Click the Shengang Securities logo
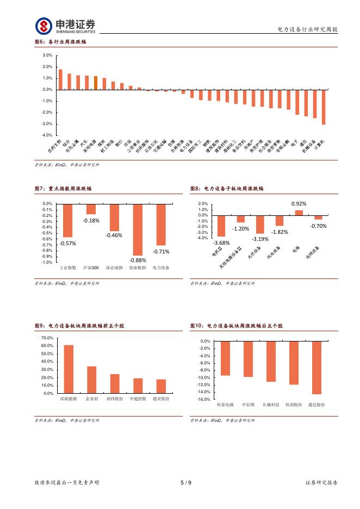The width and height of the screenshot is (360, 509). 65,26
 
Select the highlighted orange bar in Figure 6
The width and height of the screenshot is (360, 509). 96,83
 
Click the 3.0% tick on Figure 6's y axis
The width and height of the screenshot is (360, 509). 47,55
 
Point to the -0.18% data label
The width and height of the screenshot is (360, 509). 91,220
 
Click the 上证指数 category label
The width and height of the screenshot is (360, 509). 67,268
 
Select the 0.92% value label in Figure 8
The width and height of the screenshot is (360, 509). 299,203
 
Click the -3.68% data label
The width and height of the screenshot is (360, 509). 221,242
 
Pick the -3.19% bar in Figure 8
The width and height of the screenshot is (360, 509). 260,225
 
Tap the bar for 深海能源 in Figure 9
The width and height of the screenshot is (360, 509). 69,369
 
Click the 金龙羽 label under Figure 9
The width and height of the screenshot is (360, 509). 91,399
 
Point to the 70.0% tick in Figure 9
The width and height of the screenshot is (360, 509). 47,338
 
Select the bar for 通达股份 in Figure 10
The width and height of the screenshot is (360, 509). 316,368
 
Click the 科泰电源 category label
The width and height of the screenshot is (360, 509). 225,405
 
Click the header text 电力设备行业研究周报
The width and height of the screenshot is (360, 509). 307,29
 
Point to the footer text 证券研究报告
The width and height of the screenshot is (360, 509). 321,482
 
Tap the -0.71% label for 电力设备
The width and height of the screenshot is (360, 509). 161,251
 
